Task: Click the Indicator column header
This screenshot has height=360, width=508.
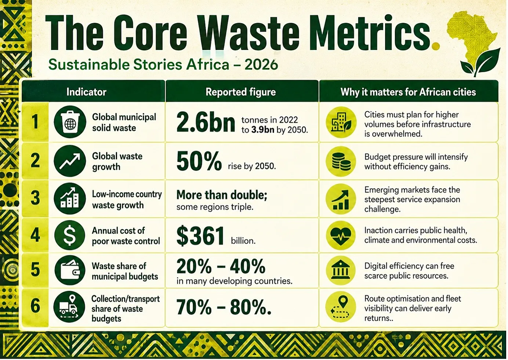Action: coord(86,92)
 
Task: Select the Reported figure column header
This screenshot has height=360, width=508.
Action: coord(241,92)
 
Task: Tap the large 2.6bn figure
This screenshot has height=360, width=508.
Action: coord(206,123)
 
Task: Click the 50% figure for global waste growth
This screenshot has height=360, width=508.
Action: coord(199,161)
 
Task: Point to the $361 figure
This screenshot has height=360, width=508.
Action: coord(200,235)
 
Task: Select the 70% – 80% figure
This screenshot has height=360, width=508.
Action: coord(224,307)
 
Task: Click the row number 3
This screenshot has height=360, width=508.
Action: coord(35,198)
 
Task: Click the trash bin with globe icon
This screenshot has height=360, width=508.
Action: coord(70,122)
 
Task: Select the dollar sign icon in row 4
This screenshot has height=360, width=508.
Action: coord(70,235)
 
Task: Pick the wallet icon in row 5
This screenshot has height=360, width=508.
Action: coord(70,270)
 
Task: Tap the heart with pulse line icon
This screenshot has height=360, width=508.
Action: coord(341,235)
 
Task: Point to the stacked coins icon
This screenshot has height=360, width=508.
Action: coord(341,161)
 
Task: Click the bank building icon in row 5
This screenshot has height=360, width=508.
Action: coord(341,270)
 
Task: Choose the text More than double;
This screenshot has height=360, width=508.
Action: coord(222,195)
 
